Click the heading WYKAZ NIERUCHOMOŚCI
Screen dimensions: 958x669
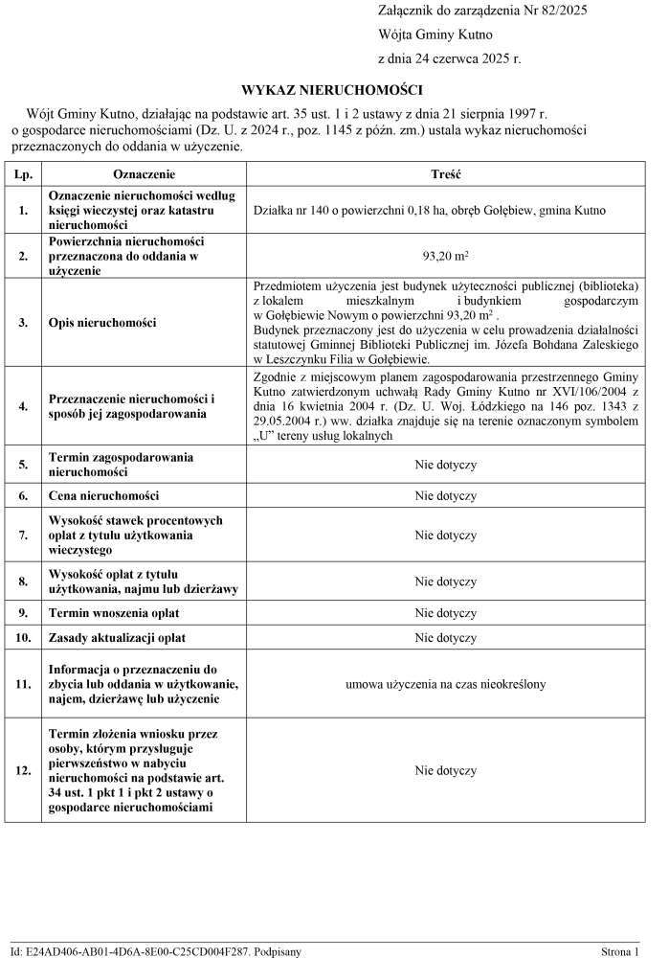coord(332,90)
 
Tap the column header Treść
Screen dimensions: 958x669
coord(446,176)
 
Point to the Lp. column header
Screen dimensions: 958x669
coord(24,176)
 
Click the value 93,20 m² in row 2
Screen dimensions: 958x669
coord(446,257)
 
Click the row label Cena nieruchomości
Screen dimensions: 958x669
coord(103,495)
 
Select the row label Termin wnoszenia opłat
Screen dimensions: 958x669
coord(114,612)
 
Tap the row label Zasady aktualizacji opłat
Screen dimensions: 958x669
coord(117,637)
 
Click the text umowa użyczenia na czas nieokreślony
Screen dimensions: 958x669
coord(446,684)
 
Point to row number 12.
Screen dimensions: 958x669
coord(24,769)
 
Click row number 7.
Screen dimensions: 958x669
coord(24,535)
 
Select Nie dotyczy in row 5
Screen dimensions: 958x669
coord(446,465)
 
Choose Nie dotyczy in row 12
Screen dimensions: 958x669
coord(446,769)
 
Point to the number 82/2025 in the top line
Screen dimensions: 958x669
coord(561,11)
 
